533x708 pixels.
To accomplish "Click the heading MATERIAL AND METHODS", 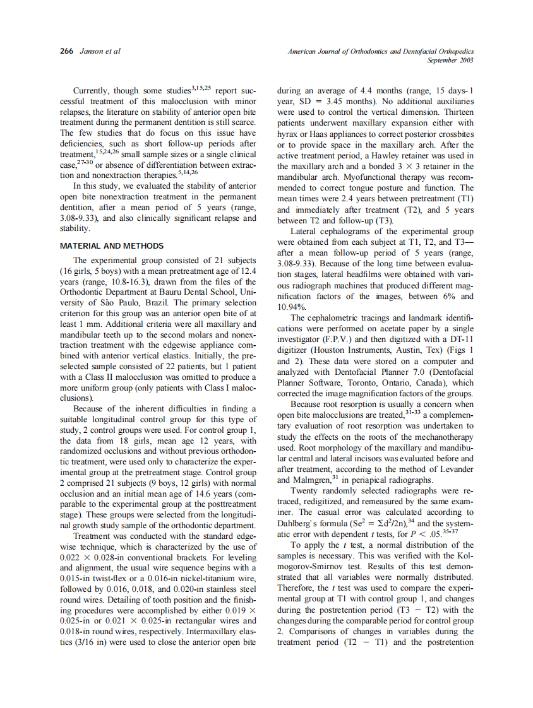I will [x=112, y=245].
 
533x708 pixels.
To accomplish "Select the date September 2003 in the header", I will [x=450, y=60].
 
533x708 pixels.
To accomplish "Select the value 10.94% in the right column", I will [x=291, y=307].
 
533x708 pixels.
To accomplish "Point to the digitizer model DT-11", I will [x=460, y=339].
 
